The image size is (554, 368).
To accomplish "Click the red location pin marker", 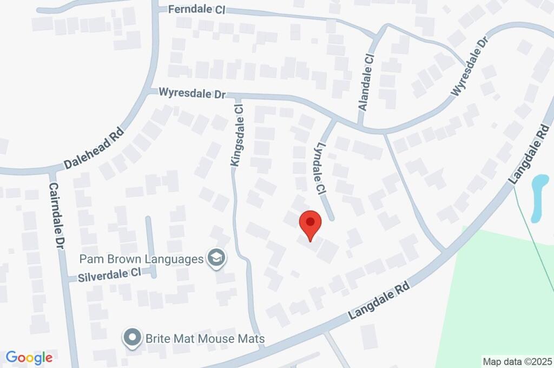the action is coord(311,224).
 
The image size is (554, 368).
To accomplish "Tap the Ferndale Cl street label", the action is coord(196,10).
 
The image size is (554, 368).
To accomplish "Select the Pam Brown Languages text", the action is coord(141,259).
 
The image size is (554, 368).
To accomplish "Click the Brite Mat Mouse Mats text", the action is coord(205,339).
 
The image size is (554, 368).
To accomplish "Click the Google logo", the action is coord(29,357).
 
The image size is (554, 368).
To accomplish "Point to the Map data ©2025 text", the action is coord(517,361).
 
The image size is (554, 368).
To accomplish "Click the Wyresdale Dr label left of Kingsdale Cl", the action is coord(193,94).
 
